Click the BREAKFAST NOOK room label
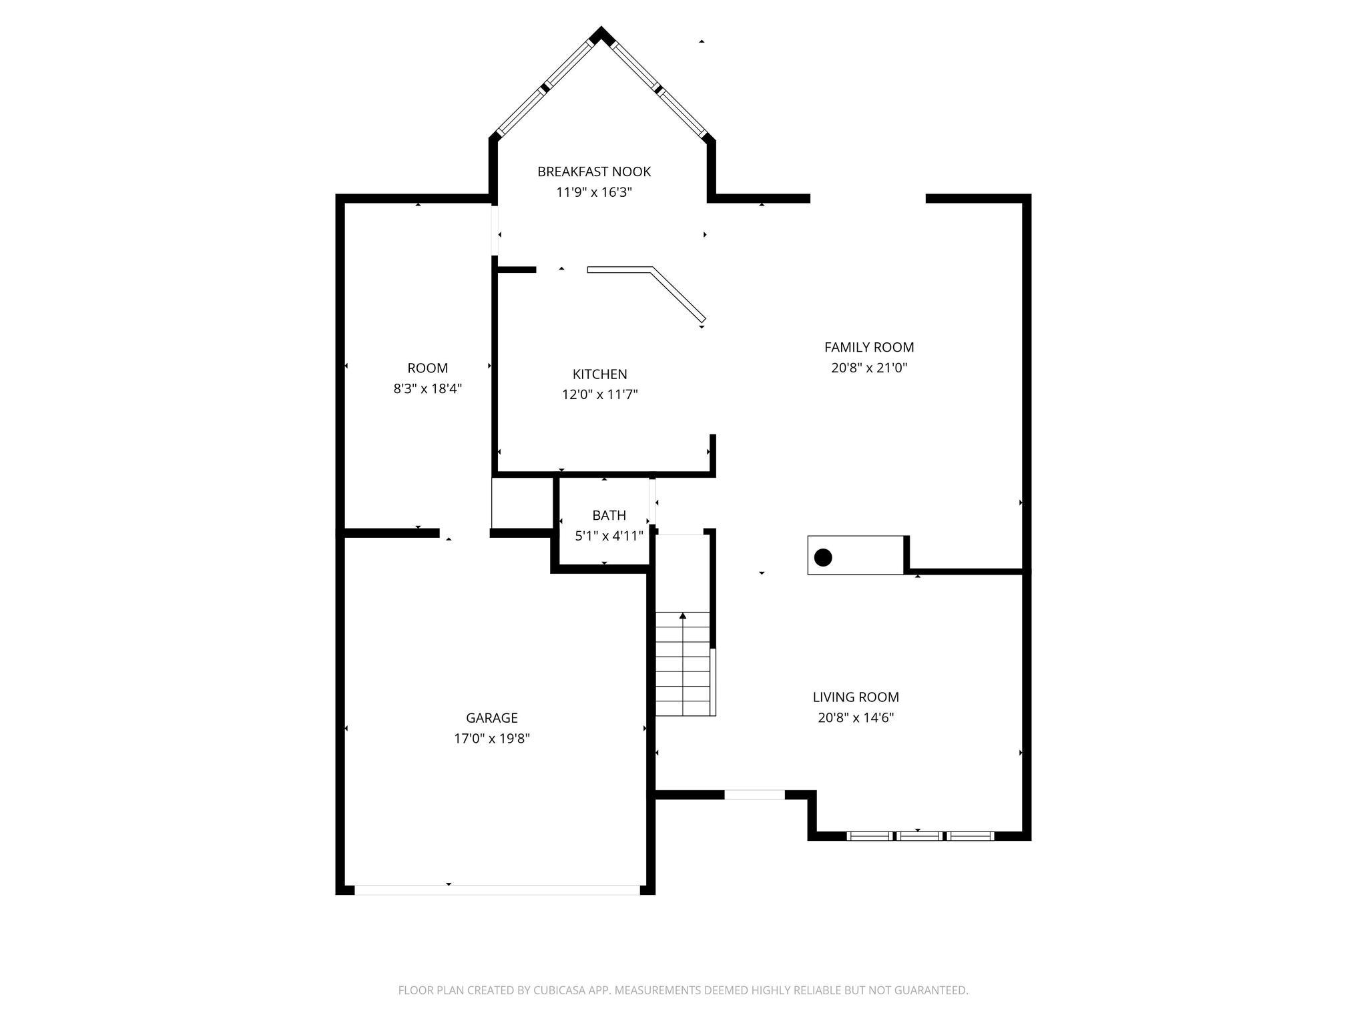(x=594, y=172)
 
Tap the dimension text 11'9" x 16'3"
(x=594, y=193)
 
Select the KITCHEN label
(x=599, y=374)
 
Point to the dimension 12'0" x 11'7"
(x=599, y=395)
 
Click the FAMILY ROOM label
(x=869, y=347)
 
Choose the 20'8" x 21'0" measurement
(x=869, y=368)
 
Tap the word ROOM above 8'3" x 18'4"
(x=427, y=368)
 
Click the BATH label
(x=609, y=515)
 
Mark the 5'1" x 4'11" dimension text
(x=609, y=536)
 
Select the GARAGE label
(x=492, y=718)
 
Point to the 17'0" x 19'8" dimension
(x=492, y=739)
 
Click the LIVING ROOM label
(x=856, y=697)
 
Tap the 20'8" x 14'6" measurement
(x=856, y=718)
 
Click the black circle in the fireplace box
(x=823, y=557)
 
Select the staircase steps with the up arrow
(x=682, y=664)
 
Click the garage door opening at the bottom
(x=497, y=890)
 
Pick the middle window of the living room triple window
(x=919, y=835)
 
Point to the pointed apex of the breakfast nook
(x=601, y=32)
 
